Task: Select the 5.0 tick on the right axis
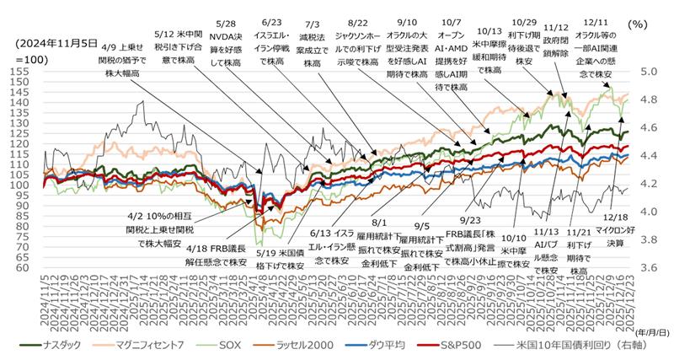(650, 73)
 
